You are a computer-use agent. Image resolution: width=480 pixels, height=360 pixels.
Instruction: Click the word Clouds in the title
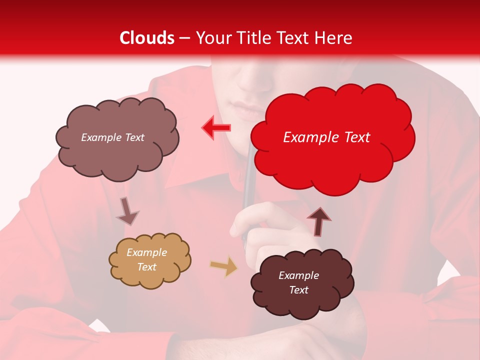(147, 38)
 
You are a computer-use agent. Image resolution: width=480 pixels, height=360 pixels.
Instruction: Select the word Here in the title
(334, 38)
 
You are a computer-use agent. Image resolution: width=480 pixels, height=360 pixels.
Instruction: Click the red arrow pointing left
(216, 127)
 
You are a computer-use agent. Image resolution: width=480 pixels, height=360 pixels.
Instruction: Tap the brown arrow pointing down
(127, 211)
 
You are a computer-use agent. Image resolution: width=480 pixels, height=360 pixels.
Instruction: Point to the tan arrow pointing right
(223, 266)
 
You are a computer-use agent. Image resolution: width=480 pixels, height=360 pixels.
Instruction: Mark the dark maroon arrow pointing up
(319, 221)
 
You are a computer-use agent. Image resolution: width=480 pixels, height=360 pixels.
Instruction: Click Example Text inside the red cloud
(326, 137)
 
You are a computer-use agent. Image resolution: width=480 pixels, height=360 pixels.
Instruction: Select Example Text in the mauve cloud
(112, 137)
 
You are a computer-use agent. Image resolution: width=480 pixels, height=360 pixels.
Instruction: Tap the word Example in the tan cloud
(146, 252)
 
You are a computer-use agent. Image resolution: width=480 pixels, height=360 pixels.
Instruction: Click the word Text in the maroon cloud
(298, 290)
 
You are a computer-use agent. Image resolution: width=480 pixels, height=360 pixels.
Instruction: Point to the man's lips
(246, 109)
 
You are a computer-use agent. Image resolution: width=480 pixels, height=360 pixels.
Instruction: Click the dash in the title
(184, 38)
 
